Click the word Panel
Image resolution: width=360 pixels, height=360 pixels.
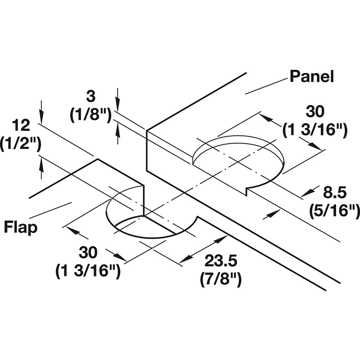[311, 76]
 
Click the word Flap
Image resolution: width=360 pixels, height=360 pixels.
[21, 227]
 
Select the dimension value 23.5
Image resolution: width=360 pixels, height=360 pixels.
[220, 261]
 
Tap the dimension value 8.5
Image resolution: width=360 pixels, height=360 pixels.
[334, 193]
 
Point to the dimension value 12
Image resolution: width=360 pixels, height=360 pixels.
[21, 126]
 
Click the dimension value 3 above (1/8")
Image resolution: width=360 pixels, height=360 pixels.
[91, 96]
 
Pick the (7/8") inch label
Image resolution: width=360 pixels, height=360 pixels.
[221, 279]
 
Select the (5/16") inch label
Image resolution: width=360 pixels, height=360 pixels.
[334, 210]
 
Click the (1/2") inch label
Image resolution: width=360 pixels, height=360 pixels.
[21, 144]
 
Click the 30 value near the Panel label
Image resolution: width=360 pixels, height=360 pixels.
[315, 112]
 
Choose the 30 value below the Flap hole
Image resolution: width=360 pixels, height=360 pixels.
[88, 253]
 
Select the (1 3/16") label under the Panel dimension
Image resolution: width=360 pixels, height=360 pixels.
[315, 130]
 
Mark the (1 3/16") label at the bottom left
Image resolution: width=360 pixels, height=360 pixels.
[88, 271]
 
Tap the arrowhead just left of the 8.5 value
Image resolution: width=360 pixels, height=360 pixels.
[307, 193]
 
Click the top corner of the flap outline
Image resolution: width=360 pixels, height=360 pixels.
[98, 159]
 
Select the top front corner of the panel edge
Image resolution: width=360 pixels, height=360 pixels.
[147, 130]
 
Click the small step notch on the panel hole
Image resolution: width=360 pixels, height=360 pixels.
[247, 191]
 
